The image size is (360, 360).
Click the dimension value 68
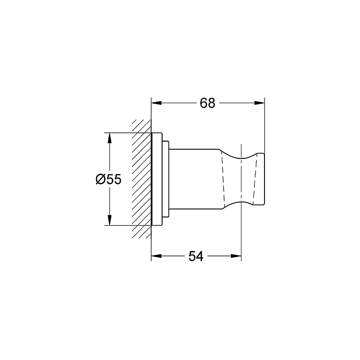(x=207, y=103)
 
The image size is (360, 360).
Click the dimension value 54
(x=196, y=256)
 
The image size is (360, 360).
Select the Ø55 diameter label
(x=108, y=179)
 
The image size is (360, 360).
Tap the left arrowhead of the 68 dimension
(x=156, y=103)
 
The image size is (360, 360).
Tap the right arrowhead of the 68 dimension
(x=259, y=103)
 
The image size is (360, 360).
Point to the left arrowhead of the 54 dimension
(x=156, y=256)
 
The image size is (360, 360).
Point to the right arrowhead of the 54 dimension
(x=236, y=256)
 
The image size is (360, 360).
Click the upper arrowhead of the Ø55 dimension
(x=109, y=138)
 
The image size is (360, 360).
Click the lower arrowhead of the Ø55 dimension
(x=109, y=220)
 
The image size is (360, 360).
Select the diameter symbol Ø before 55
(x=100, y=179)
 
